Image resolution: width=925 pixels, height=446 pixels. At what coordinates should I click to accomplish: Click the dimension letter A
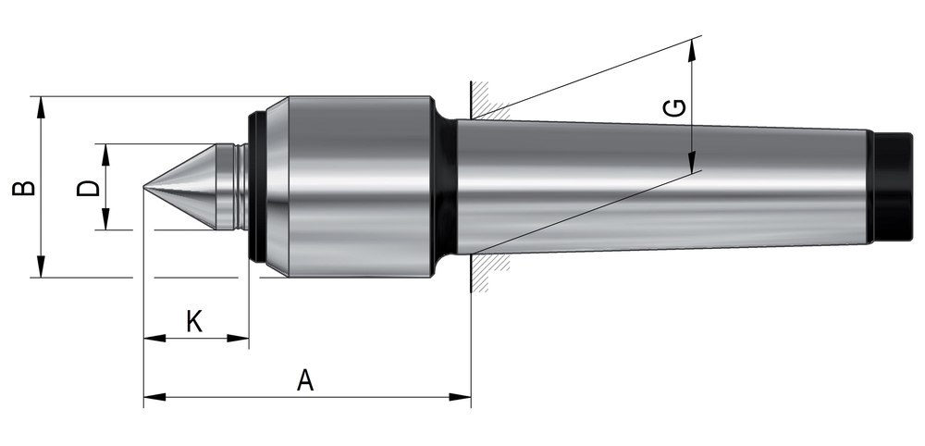[306, 379]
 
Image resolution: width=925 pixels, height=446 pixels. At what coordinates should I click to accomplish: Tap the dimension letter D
[88, 187]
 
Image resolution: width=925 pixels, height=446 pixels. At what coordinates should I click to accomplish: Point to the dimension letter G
[676, 108]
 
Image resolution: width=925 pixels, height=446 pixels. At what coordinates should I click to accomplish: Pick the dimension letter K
[194, 321]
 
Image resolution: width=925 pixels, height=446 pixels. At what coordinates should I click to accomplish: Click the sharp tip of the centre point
[145, 188]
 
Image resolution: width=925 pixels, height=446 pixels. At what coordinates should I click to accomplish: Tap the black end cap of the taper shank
[894, 188]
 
